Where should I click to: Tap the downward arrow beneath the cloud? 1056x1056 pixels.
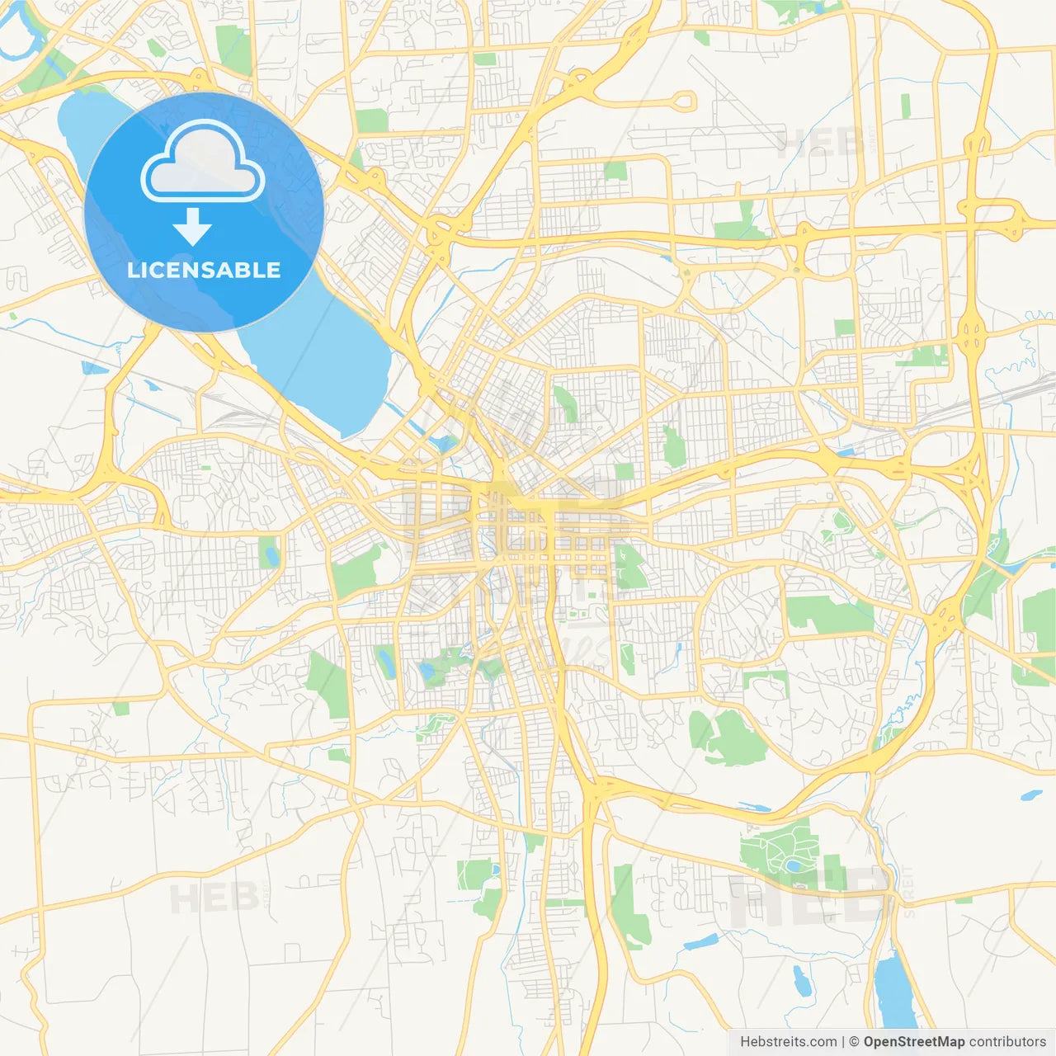click(193, 227)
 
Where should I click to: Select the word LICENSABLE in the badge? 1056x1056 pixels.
click(204, 270)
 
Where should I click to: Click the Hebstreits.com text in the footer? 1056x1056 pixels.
click(788, 1042)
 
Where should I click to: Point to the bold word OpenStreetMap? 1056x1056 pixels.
click(913, 1042)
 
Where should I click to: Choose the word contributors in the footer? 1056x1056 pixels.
click(1006, 1042)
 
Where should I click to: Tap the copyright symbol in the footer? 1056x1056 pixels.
click(854, 1042)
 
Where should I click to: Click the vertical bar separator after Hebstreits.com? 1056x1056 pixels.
click(843, 1042)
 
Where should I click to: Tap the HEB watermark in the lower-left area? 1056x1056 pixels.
click(206, 898)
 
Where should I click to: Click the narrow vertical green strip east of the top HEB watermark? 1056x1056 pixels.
click(905, 106)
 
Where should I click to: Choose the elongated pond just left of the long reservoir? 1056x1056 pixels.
click(799, 980)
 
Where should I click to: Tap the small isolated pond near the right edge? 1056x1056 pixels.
click(1031, 796)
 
